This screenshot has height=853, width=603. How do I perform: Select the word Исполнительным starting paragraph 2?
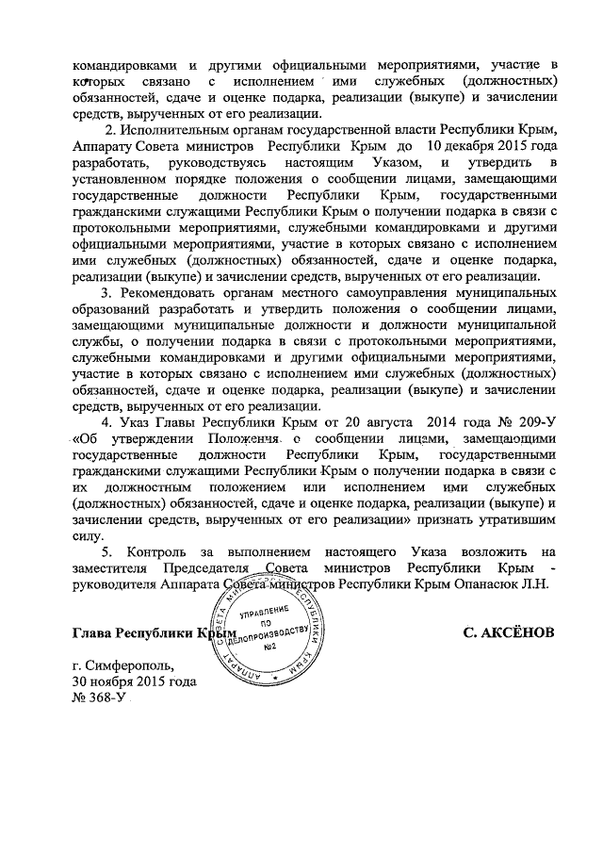point(175,130)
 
